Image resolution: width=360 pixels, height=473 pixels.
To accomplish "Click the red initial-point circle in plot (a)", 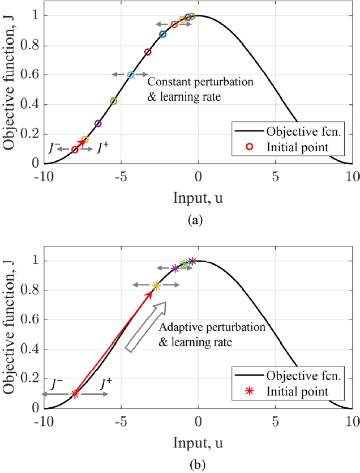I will (75, 150).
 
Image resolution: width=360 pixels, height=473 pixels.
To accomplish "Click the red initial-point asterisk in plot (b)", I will (75, 394).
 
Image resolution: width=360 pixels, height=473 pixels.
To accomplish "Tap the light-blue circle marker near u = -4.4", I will (131, 75).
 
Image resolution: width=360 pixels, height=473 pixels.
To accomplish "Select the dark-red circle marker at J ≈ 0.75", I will (148, 52).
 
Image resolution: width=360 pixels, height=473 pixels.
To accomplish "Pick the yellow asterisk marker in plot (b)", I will (156, 285).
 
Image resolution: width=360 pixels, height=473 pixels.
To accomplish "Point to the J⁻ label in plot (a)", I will (53, 149).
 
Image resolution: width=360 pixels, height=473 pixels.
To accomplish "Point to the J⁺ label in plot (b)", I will (106, 383).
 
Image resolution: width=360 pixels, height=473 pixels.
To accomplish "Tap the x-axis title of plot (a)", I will (198, 198).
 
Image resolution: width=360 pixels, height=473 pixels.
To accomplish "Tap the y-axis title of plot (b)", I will (11, 334).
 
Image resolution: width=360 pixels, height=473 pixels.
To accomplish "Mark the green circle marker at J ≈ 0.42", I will (113, 101).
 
